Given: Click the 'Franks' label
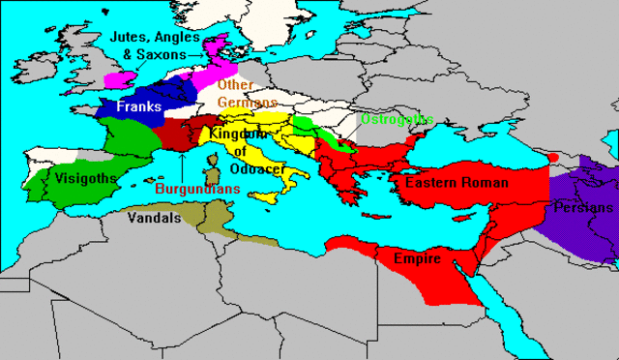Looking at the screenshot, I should click(x=139, y=108).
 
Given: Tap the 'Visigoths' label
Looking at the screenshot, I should click(x=85, y=178).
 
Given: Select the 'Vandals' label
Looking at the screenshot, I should click(x=154, y=219).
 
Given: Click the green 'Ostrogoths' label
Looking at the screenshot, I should click(x=397, y=119).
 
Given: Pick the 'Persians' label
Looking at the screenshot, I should click(x=583, y=208).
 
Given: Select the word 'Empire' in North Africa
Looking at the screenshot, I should click(x=417, y=259).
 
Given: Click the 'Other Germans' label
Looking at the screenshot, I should click(x=248, y=93).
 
